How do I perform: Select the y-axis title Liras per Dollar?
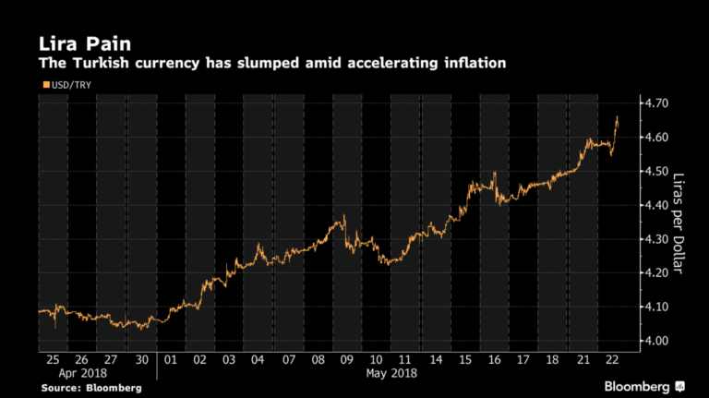(684, 223)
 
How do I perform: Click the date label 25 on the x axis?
(53, 359)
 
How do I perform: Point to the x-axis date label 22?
(610, 359)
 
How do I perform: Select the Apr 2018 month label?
(81, 373)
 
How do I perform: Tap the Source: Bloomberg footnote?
(90, 388)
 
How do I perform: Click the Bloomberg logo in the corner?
(644, 385)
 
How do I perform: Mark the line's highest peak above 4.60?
(617, 117)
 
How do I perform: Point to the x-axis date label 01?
(170, 359)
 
